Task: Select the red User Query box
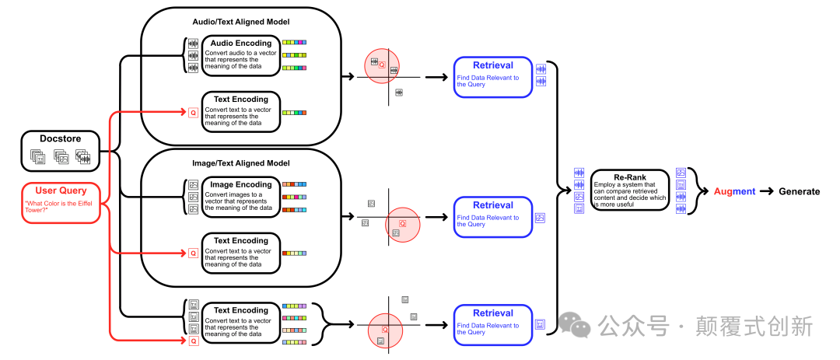(x=61, y=202)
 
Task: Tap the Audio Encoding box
(x=240, y=55)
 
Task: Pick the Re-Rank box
(x=629, y=190)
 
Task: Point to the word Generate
(x=799, y=191)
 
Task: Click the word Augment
(x=734, y=191)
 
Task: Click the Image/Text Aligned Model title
(x=241, y=163)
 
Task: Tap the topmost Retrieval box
(x=493, y=76)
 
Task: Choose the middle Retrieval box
(x=493, y=217)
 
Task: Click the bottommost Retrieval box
(x=493, y=324)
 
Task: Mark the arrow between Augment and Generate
(x=767, y=191)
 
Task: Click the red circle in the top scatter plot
(x=382, y=66)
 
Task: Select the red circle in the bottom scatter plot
(x=385, y=330)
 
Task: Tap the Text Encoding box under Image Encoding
(x=240, y=253)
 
